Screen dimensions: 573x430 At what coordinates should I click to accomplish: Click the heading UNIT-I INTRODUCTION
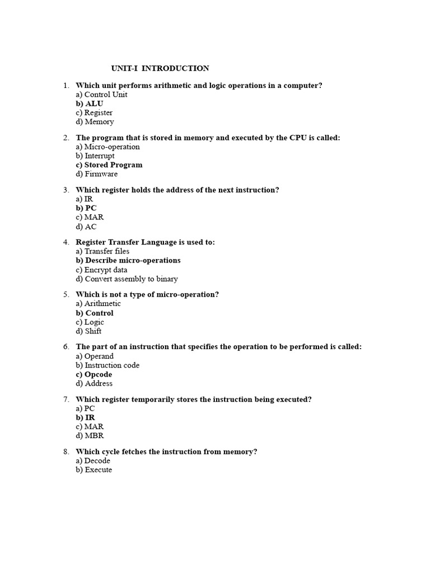click(x=160, y=68)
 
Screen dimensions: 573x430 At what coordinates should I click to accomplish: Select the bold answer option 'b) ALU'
click(x=90, y=104)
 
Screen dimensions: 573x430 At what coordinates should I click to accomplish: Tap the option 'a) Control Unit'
click(x=101, y=95)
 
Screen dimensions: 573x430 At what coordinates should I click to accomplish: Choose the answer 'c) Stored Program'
click(x=109, y=165)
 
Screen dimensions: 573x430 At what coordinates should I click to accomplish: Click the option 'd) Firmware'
click(x=97, y=174)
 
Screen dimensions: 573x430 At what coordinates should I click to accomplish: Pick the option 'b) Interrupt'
click(x=95, y=156)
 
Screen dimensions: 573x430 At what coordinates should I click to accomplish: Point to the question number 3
click(x=66, y=190)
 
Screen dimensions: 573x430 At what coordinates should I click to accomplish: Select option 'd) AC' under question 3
click(x=86, y=227)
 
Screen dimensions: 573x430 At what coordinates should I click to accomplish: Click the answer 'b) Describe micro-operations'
click(x=128, y=260)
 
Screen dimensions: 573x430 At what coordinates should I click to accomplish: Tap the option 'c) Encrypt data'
click(x=101, y=270)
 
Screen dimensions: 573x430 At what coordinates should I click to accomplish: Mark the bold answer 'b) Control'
click(x=95, y=313)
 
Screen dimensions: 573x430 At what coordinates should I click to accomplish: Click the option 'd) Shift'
click(x=88, y=331)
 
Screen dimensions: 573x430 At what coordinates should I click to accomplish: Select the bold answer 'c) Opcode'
click(x=94, y=374)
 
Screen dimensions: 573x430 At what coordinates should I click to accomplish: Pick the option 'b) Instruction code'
click(x=107, y=365)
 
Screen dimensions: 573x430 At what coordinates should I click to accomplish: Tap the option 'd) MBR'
click(x=90, y=436)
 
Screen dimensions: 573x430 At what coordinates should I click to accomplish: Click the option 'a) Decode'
click(x=93, y=461)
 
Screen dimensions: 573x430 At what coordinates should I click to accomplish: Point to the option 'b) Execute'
click(x=94, y=470)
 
